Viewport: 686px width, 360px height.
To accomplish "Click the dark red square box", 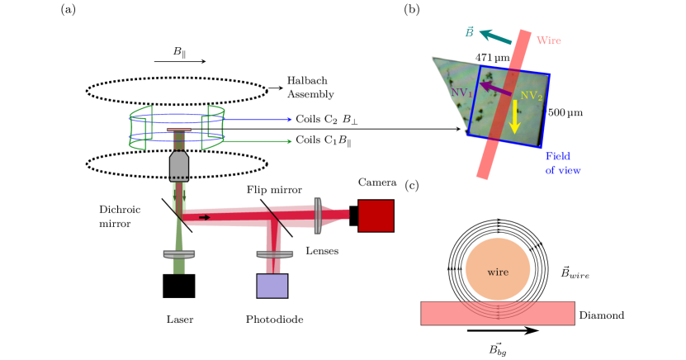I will [x=376, y=216].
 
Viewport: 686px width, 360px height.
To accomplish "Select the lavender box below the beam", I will [x=272, y=286].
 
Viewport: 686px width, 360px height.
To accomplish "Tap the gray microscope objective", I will [x=179, y=165].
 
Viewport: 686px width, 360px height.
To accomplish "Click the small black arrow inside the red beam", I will [x=205, y=217].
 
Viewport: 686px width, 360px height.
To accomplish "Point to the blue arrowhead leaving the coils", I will [x=289, y=119].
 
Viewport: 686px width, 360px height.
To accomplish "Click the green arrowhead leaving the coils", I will [x=289, y=141].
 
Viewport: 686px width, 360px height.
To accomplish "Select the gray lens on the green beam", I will [x=179, y=254].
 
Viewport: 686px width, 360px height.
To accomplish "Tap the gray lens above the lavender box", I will [x=274, y=253].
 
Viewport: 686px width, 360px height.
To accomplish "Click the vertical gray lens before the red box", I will [x=318, y=216].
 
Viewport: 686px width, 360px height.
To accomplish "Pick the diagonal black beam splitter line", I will [x=275, y=217].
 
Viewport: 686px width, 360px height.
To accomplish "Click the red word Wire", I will [x=548, y=40].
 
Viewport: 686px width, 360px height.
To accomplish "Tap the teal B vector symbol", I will [x=469, y=33].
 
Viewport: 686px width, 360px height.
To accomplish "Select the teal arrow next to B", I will [x=495, y=37].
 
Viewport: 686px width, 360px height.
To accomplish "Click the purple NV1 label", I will [x=461, y=92].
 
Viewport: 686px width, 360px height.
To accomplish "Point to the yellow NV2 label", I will [x=531, y=96].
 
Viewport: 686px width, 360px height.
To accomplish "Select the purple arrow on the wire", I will [x=495, y=88].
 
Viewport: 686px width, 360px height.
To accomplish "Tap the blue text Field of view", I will [x=561, y=163].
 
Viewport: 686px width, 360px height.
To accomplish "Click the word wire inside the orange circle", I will [x=498, y=272].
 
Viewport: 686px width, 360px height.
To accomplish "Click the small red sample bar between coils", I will [x=179, y=130].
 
